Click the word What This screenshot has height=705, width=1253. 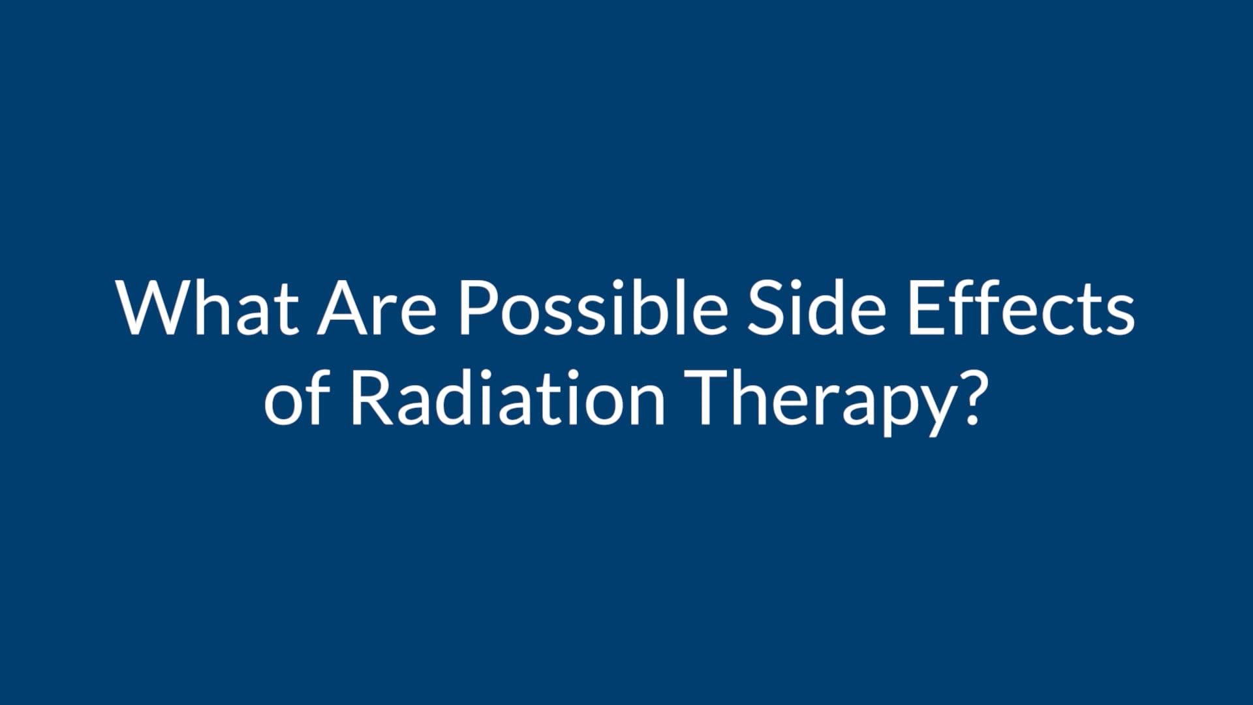coord(208,307)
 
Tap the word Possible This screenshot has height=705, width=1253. coord(593,307)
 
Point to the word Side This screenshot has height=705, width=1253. coord(816,307)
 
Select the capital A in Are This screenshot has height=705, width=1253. coord(343,307)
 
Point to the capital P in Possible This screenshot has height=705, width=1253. coord(479,307)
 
